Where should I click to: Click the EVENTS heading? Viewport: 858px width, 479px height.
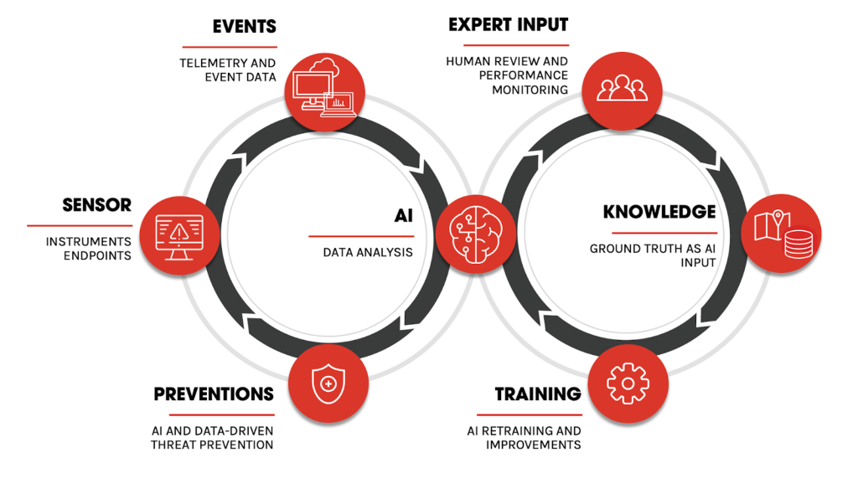[244, 28]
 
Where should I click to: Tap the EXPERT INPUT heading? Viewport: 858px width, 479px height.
[508, 24]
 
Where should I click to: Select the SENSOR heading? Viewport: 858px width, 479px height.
[96, 205]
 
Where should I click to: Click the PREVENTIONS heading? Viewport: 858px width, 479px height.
[214, 394]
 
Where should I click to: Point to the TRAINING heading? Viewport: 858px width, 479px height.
[537, 394]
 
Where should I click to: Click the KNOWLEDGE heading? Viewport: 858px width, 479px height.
[659, 212]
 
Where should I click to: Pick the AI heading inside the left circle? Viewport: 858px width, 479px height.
[404, 216]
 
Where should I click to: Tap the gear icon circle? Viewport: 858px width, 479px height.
[628, 384]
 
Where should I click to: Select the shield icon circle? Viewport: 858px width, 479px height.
[328, 384]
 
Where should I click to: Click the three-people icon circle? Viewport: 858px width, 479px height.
[621, 90]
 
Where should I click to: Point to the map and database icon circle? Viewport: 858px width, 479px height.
[780, 234]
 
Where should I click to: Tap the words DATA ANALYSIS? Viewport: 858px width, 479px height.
[367, 252]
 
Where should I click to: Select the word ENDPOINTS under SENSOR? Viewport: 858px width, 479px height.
[97, 255]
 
